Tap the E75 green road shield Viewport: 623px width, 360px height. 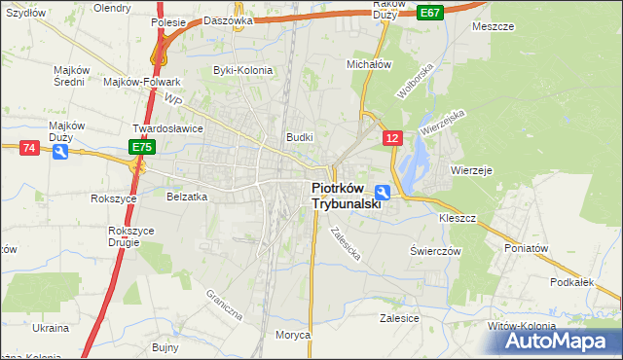pyautogui.click(x=142, y=147)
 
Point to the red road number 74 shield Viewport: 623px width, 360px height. pyautogui.click(x=29, y=147)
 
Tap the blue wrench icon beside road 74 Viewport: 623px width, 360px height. pyautogui.click(x=59, y=154)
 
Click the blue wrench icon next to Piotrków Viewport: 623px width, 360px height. pyautogui.click(x=384, y=193)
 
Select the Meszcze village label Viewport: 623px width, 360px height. pyautogui.click(x=492, y=26)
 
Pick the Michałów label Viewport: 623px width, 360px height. pyautogui.click(x=369, y=64)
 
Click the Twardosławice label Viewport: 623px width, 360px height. pyautogui.click(x=165, y=127)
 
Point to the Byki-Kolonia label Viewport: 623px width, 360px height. pyautogui.click(x=241, y=70)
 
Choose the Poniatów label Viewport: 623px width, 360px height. pyautogui.click(x=527, y=248)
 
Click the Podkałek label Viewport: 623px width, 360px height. pyautogui.click(x=571, y=282)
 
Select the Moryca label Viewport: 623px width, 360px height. pyautogui.click(x=292, y=335)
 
